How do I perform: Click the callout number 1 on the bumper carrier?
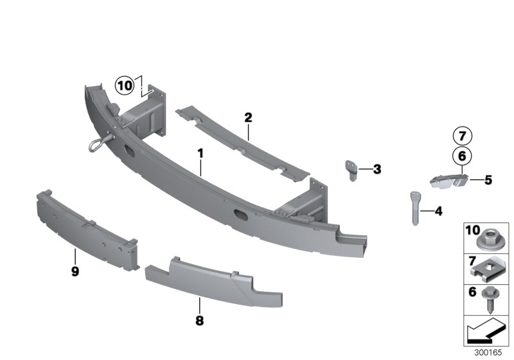pos(200,154)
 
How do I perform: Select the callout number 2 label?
pos(248,118)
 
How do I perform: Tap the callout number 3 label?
pos(377,170)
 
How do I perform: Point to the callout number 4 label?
pos(438,210)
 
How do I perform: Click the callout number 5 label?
pos(488,180)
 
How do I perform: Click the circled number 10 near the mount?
pos(124,84)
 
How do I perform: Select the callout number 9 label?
pos(75,272)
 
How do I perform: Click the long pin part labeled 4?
pos(414,207)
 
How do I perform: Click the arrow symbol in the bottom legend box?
pos(486,333)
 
